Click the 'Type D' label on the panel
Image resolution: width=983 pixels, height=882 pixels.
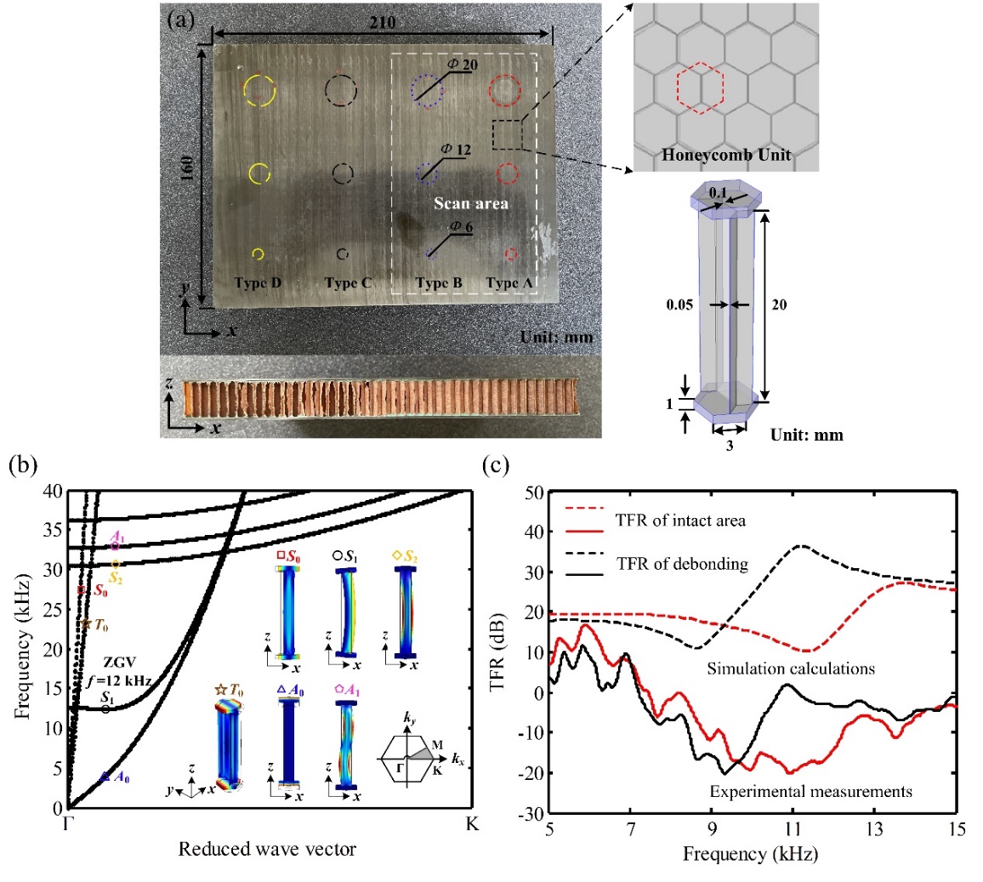(258, 282)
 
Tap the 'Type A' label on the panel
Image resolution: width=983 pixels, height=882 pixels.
(514, 282)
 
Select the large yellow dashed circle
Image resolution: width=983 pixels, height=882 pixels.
(259, 90)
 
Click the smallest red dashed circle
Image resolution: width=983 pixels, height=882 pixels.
(511, 254)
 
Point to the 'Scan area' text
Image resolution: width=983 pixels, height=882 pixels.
(470, 203)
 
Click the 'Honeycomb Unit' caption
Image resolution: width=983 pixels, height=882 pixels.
(726, 155)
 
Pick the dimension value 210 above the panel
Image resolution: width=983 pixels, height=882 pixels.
(383, 23)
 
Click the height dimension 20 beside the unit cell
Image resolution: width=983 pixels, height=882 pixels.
(778, 304)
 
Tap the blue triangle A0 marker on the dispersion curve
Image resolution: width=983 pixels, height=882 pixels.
(104, 776)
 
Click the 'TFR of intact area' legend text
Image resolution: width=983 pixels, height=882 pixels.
(682, 520)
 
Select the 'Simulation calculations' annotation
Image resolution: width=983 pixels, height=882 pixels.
(791, 669)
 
